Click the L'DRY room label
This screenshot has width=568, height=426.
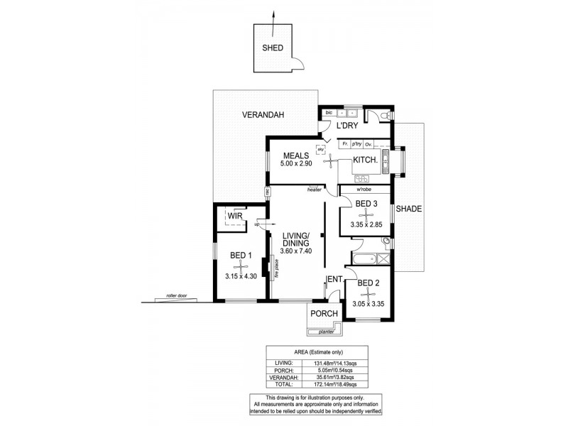point(346,126)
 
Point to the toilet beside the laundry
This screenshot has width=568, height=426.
point(384,116)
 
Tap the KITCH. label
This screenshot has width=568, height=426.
point(364,160)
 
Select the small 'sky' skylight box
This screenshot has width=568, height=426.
point(320,150)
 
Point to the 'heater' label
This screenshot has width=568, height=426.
point(315,190)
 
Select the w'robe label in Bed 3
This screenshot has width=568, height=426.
point(364,190)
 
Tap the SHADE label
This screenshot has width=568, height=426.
point(408,209)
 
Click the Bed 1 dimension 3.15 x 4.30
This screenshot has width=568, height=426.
point(241,276)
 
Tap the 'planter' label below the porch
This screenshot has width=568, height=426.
point(326,331)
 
